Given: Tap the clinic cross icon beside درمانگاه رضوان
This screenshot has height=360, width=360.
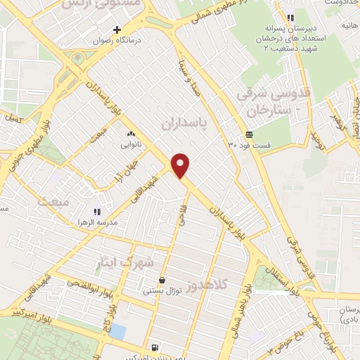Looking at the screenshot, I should [x=118, y=30].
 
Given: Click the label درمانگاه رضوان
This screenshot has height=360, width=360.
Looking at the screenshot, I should [x=117, y=41].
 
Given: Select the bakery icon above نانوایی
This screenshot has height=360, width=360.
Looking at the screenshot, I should [x=130, y=134].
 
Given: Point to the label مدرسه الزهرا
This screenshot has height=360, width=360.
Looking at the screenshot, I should [x=97, y=221].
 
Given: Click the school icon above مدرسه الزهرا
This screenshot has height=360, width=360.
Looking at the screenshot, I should [x=97, y=211].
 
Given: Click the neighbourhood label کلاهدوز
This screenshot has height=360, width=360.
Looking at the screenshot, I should [x=209, y=285].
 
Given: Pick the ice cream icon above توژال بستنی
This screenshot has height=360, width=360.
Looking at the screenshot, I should [x=162, y=279].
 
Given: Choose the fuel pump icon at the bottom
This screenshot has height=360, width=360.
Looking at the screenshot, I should [x=154, y=347].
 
